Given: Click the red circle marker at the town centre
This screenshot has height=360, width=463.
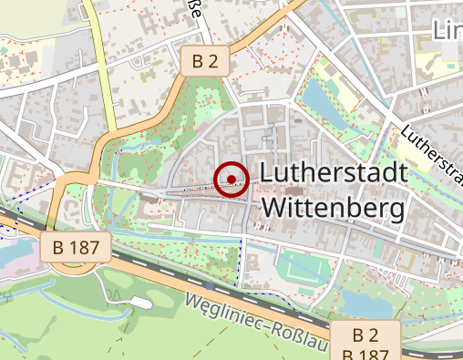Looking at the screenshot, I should click(231, 179).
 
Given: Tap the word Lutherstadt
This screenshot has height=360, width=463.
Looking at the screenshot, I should click(332, 172).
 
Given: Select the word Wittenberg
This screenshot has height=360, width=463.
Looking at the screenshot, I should click(332, 209).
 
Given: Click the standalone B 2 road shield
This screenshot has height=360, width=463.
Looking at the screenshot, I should click(204, 61).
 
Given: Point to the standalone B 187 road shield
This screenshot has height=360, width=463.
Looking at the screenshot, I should click(76, 246).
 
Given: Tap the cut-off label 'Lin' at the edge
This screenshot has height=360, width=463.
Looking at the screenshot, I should click(447, 30).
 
